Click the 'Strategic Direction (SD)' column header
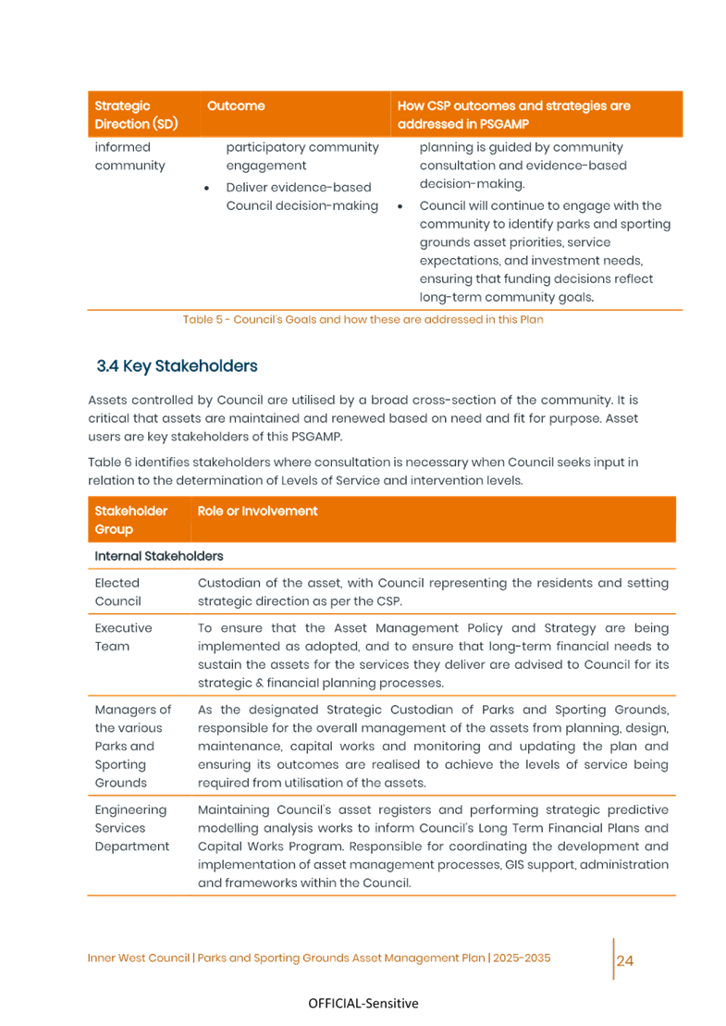(136, 115)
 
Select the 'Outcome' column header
(236, 106)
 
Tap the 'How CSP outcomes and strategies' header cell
(514, 115)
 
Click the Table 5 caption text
(363, 319)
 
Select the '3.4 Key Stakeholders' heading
(177, 366)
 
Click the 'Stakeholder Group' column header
(131, 520)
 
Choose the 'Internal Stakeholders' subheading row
(159, 556)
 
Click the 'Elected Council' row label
(118, 592)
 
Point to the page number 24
(625, 960)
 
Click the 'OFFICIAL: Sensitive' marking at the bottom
(363, 1004)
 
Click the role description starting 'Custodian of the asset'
(433, 592)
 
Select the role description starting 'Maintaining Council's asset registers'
(433, 847)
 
